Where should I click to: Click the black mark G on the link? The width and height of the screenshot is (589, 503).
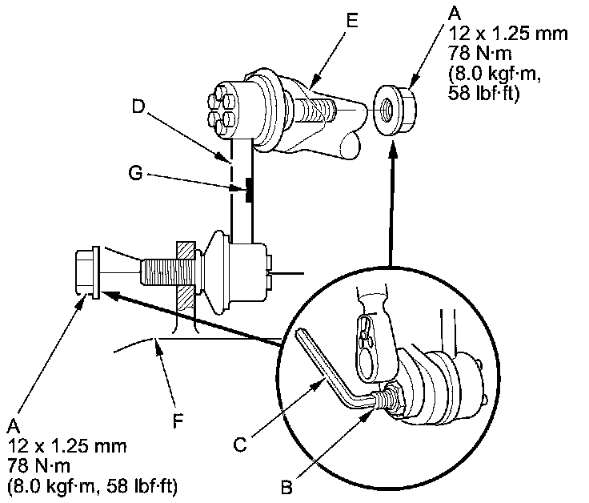click(250, 191)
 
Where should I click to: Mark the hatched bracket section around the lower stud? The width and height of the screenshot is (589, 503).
click(182, 276)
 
